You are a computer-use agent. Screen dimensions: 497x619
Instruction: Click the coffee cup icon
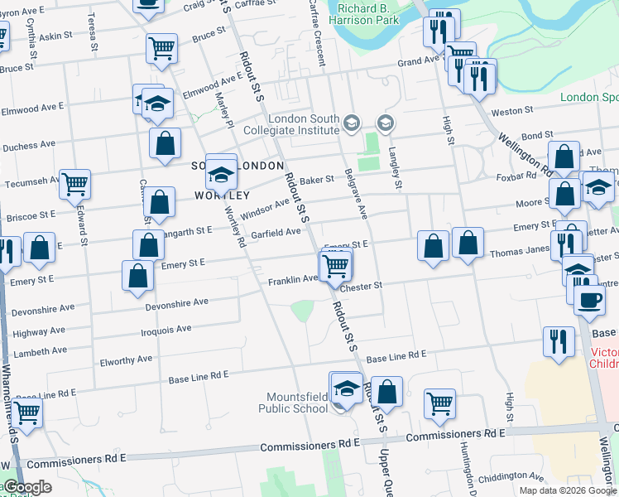tap(589, 299)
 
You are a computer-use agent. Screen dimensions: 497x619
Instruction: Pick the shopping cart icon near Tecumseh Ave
tap(74, 184)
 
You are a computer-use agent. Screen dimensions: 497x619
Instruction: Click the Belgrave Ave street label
tap(362, 195)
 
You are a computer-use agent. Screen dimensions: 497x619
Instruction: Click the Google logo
tap(26, 487)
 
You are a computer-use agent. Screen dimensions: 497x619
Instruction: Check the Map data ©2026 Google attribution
tap(569, 490)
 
